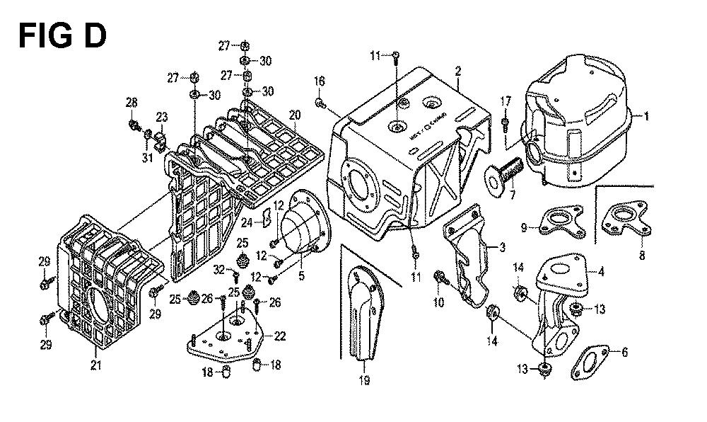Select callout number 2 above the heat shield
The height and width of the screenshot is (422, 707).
[458, 71]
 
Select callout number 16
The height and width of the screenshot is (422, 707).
[319, 81]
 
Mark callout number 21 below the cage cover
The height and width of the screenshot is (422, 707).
[96, 365]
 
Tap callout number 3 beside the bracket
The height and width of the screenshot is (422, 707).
[501, 247]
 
